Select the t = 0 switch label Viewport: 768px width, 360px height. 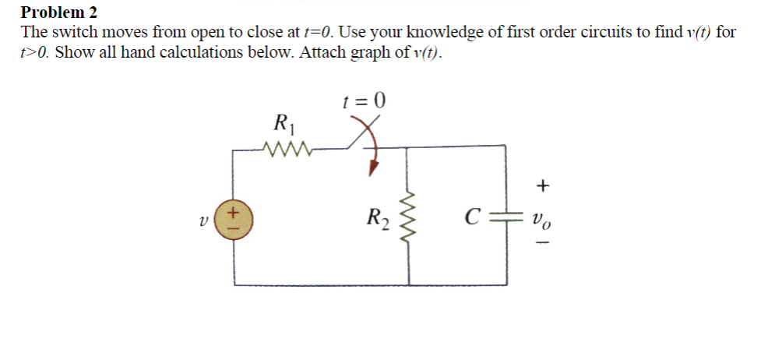(365, 101)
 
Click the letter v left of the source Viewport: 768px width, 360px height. (203, 220)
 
